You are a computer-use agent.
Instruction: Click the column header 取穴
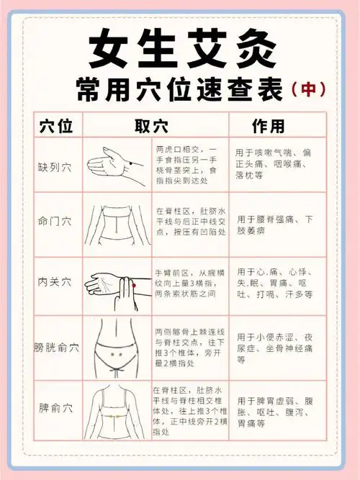pyautogui.click(x=151, y=127)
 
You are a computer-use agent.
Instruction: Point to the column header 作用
pyautogui.click(x=268, y=127)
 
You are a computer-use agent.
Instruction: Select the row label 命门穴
pyautogui.click(x=55, y=221)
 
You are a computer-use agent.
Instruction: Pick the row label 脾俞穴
pyautogui.click(x=55, y=408)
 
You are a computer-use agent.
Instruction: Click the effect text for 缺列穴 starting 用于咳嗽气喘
pyautogui.click(x=274, y=165)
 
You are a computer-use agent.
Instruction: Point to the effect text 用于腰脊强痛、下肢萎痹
pyautogui.click(x=274, y=225)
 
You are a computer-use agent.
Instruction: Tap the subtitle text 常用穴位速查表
pyautogui.click(x=180, y=89)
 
